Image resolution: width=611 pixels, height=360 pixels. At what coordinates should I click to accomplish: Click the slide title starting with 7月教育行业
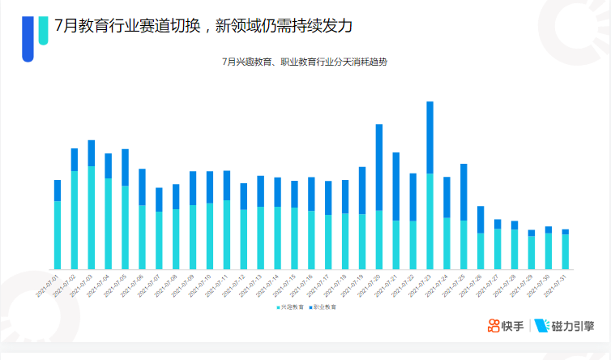click(x=203, y=25)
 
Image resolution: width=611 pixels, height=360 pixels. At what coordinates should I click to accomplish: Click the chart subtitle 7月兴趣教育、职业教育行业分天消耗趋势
click(x=304, y=62)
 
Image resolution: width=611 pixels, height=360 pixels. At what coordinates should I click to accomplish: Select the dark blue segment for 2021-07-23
click(x=429, y=137)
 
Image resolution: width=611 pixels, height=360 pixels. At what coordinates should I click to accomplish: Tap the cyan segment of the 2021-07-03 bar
click(x=92, y=217)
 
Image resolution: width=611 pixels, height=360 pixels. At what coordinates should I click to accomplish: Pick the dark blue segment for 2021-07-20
click(x=378, y=167)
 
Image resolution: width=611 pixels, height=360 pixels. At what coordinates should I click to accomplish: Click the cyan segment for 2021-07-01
click(x=58, y=234)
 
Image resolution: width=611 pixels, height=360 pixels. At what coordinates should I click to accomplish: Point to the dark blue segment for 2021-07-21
click(x=395, y=186)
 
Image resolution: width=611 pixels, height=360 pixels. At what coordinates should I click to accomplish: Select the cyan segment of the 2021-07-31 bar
click(x=565, y=251)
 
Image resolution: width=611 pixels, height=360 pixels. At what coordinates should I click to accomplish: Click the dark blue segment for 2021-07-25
click(x=464, y=192)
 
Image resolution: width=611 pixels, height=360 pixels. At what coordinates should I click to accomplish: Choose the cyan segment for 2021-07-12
click(x=243, y=239)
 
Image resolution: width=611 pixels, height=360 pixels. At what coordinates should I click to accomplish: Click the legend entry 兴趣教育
click(x=290, y=307)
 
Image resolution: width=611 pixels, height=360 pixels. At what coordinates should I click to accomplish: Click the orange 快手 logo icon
click(x=494, y=326)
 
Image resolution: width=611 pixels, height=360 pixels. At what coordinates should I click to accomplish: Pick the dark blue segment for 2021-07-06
click(x=143, y=186)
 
